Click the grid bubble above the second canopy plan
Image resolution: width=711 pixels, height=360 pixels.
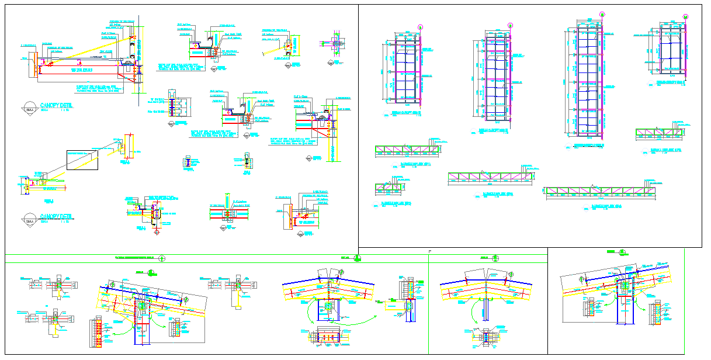click(510, 25)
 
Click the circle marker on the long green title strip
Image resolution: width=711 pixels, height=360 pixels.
click(162, 258)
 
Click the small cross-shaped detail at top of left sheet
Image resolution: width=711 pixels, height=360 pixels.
click(333, 42)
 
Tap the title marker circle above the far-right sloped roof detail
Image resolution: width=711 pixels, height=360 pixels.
click(623, 252)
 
